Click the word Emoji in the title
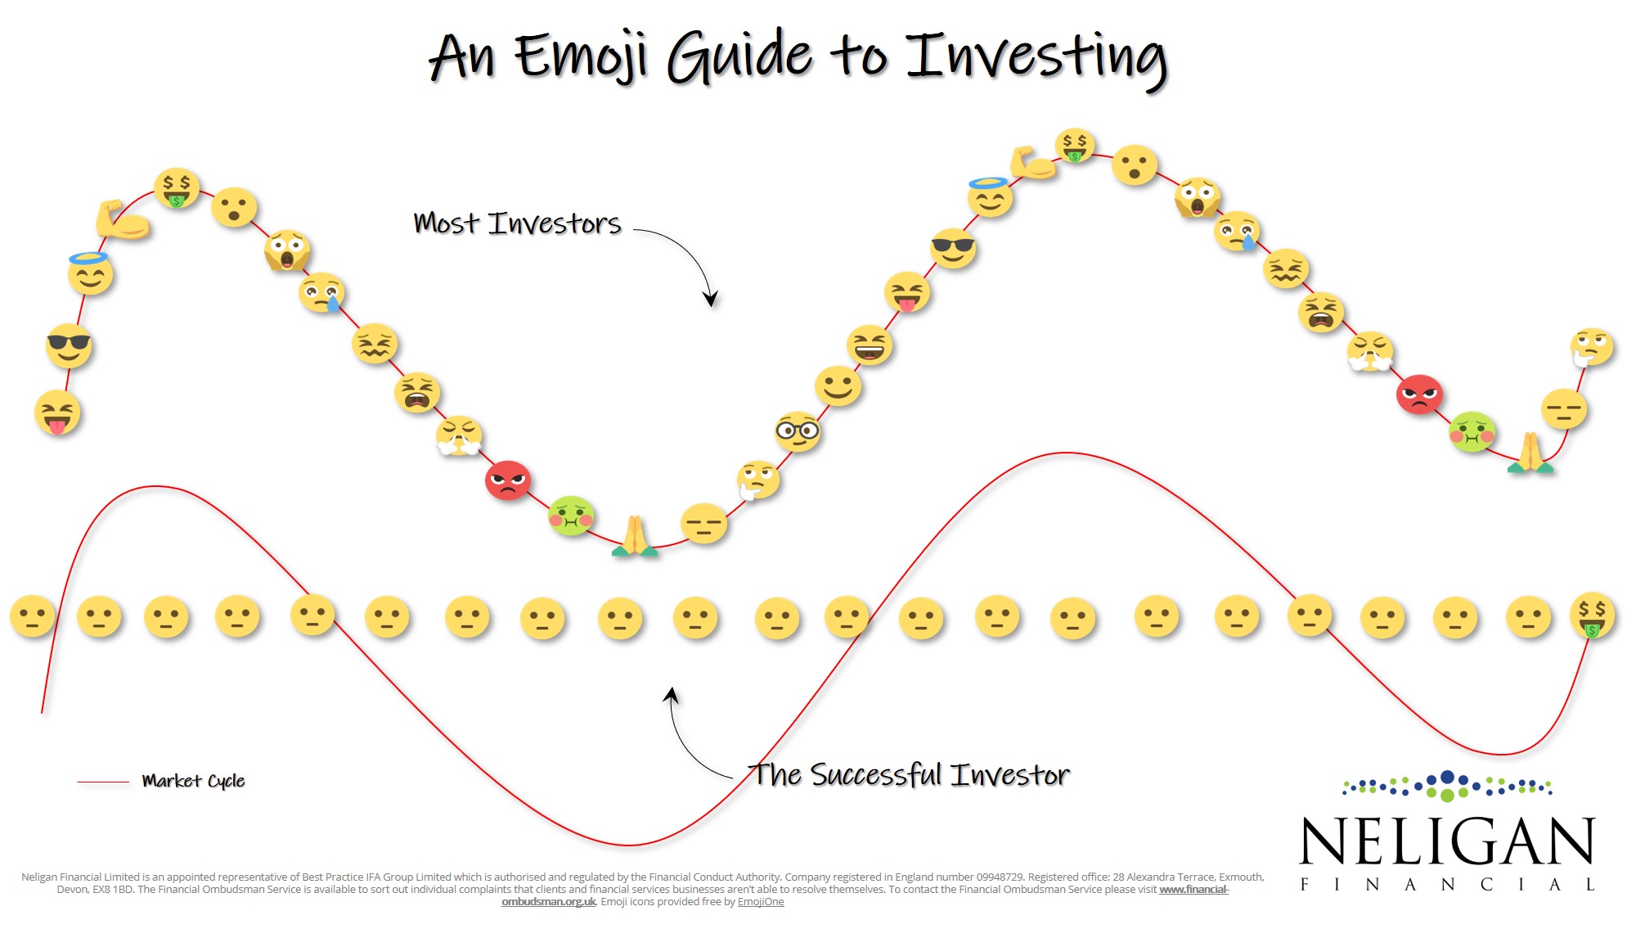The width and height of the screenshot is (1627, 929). point(582,56)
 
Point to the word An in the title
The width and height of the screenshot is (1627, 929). point(462,57)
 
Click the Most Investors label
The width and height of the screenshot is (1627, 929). point(517,223)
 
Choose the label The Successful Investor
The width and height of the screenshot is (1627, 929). point(911,774)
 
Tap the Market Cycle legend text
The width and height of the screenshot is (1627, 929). point(193,781)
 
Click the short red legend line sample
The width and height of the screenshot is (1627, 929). point(103,782)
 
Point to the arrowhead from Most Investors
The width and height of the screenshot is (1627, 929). point(711,298)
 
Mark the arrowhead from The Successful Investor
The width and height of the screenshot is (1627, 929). point(671,695)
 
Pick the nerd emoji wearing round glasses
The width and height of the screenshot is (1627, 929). point(798,431)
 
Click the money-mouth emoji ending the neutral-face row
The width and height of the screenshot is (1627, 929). point(1592,615)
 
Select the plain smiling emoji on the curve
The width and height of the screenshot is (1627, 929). point(838,386)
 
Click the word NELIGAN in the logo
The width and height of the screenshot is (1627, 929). point(1447,841)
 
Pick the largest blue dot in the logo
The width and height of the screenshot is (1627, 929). point(1447,778)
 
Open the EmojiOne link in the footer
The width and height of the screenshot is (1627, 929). point(761,902)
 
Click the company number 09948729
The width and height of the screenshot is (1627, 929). point(1000,877)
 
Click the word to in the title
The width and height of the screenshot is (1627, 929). point(858,57)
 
